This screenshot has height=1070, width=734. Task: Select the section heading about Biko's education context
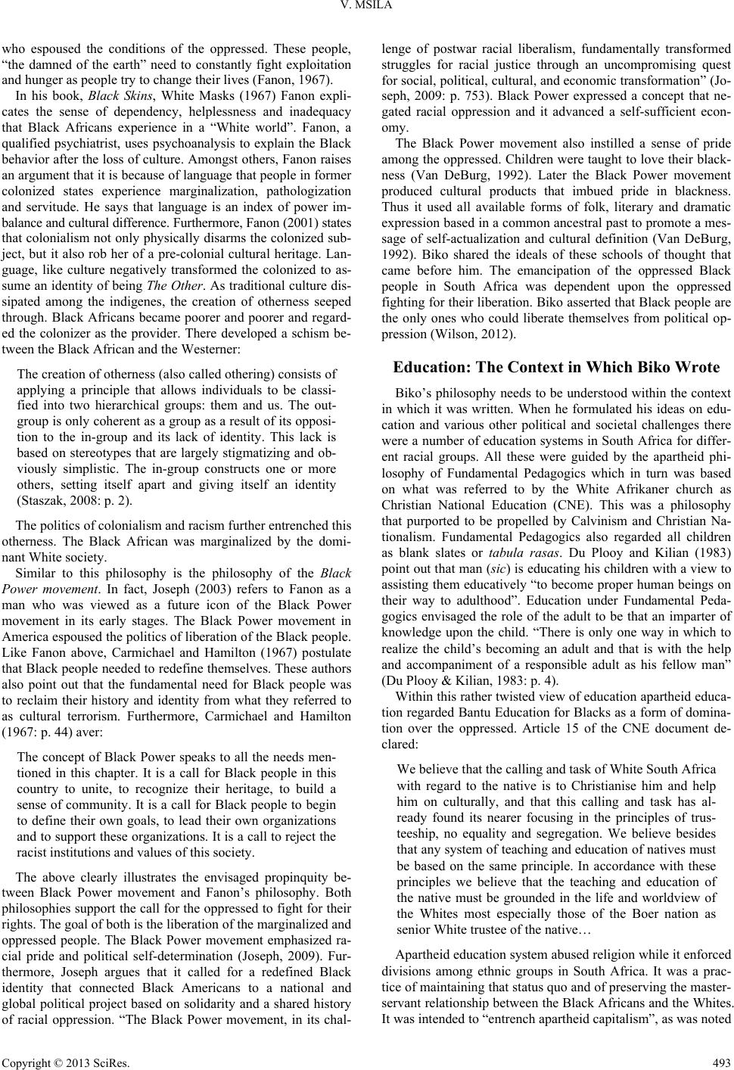point(557,368)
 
